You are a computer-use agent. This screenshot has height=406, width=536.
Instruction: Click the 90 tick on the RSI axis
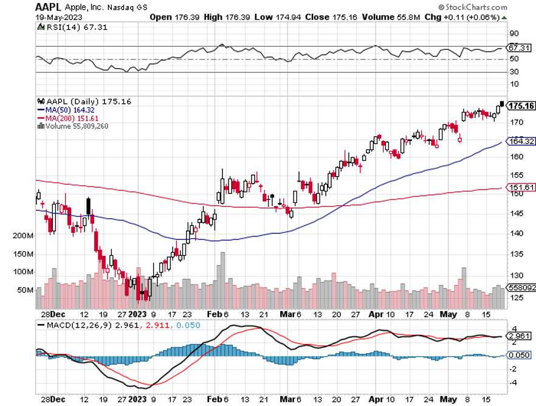pos(513,33)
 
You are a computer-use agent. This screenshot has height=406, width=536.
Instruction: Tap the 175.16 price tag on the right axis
pos(521,106)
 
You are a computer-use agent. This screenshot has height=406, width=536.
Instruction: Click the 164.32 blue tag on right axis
pos(521,141)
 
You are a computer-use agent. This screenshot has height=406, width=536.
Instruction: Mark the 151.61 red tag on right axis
pos(521,187)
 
